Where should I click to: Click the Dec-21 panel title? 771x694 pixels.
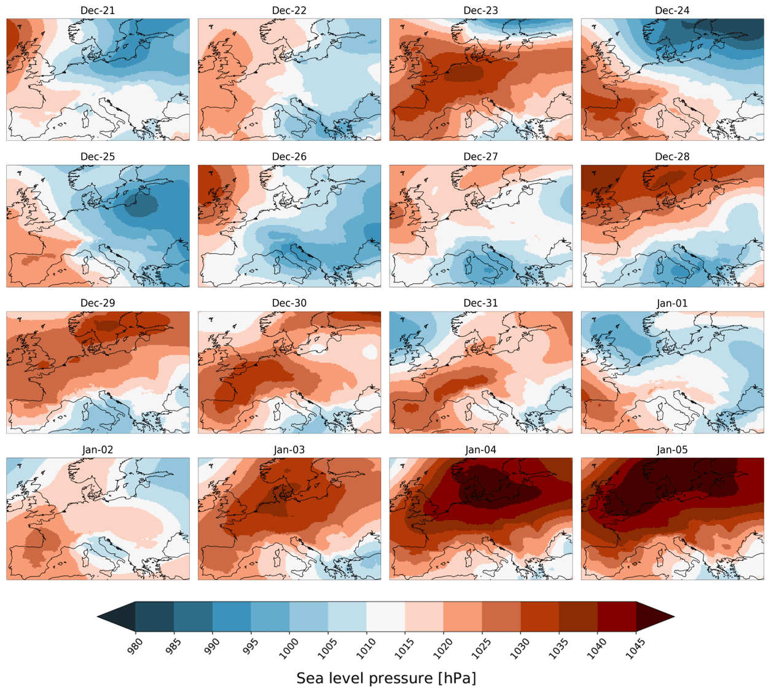98,10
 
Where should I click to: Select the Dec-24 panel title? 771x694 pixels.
672,10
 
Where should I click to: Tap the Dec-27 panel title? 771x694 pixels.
480,157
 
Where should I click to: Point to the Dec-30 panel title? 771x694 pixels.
289,303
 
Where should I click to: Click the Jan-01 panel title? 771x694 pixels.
672,303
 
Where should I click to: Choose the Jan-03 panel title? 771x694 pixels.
289,450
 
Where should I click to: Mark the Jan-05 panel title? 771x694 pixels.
672,450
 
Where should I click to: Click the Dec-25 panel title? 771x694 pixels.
98,157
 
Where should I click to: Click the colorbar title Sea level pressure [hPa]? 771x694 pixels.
386,678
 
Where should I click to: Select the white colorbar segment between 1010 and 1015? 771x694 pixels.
386,617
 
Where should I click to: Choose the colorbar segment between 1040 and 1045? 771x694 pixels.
617,617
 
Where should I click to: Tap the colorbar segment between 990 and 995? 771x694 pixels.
232,617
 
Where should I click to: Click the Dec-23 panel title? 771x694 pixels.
480,10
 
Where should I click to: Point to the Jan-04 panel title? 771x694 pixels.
480,450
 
